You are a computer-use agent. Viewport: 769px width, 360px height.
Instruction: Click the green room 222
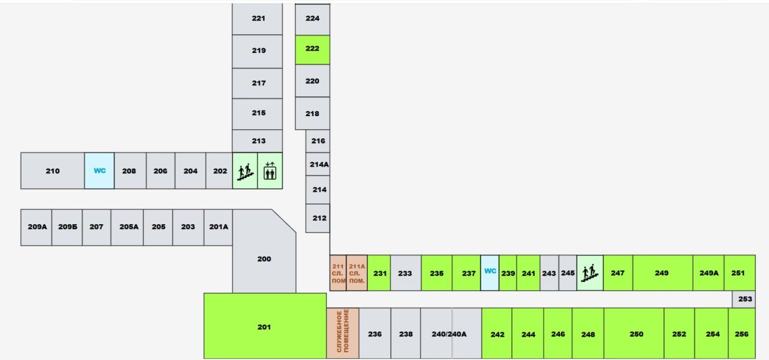click(312, 50)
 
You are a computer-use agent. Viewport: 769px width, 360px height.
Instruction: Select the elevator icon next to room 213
click(270, 171)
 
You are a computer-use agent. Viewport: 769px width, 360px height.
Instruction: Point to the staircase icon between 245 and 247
click(590, 273)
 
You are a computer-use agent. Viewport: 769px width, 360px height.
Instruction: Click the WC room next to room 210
click(99, 171)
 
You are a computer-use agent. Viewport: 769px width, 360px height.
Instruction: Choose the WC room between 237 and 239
click(490, 273)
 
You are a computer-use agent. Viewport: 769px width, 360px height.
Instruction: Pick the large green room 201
click(265, 326)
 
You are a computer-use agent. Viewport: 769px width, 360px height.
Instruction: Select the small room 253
click(744, 299)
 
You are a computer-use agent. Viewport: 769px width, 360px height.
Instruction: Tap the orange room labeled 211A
click(357, 273)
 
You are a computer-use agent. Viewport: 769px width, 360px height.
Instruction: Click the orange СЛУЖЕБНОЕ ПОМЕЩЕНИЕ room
click(342, 333)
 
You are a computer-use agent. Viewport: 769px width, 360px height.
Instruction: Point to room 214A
click(318, 164)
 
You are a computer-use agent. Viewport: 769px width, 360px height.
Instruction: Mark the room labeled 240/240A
click(451, 333)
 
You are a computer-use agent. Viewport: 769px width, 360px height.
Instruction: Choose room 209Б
click(67, 227)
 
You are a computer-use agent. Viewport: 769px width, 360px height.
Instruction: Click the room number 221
click(258, 18)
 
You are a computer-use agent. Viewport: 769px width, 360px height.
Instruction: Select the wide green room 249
click(663, 273)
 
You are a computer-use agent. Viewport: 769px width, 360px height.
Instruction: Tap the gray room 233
click(406, 273)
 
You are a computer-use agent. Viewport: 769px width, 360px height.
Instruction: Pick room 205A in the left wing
click(127, 227)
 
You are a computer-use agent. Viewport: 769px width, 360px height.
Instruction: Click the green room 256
click(741, 333)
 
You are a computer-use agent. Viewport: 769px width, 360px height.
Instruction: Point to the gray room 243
click(549, 273)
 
